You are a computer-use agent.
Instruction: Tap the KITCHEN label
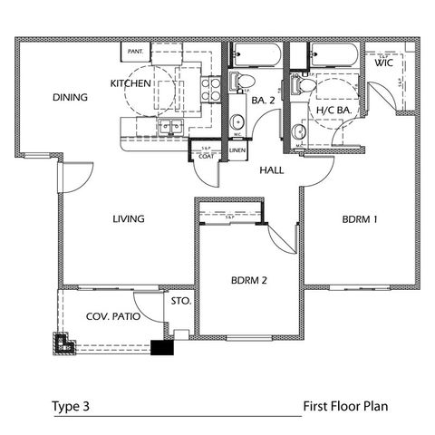130,82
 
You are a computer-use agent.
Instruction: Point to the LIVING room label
130,218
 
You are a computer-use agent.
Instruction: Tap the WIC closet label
383,62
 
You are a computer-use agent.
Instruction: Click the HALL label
273,169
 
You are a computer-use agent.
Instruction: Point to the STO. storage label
178,300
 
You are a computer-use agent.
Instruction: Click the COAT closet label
205,155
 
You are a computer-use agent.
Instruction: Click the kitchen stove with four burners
208,89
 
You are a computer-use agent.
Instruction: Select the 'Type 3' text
70,405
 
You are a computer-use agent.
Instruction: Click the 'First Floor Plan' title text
345,405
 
